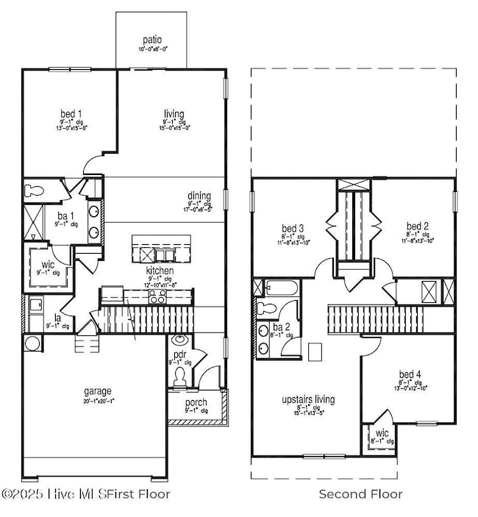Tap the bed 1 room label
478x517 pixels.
(x=71, y=114)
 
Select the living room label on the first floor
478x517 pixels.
(x=174, y=114)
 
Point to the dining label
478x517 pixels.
(x=199, y=196)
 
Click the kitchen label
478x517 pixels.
(x=159, y=271)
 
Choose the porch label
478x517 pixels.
(x=196, y=403)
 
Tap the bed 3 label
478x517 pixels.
(x=293, y=227)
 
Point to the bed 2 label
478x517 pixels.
(x=417, y=226)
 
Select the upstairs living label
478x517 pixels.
(x=308, y=399)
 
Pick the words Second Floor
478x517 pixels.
(x=360, y=494)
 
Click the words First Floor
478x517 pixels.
(x=143, y=494)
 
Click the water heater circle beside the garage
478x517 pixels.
(x=32, y=343)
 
